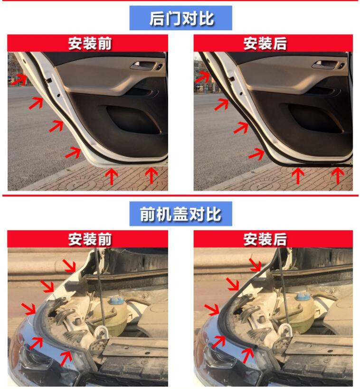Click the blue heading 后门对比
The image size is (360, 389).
pyautogui.click(x=181, y=19)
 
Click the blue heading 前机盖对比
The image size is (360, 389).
pyautogui.click(x=180, y=214)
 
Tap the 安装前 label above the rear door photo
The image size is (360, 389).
pyautogui.click(x=90, y=44)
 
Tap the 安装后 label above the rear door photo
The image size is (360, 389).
pyautogui.click(x=265, y=44)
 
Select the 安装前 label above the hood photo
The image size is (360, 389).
pyautogui.click(x=90, y=239)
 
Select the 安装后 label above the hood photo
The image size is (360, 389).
pyautogui.click(x=265, y=239)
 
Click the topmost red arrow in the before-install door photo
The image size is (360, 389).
pyautogui.click(x=19, y=78)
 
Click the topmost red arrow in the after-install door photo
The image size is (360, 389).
pyautogui.click(x=202, y=77)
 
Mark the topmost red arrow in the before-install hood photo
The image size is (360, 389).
pyautogui.click(x=69, y=266)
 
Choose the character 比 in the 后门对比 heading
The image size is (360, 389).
pyautogui.click(x=206, y=19)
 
